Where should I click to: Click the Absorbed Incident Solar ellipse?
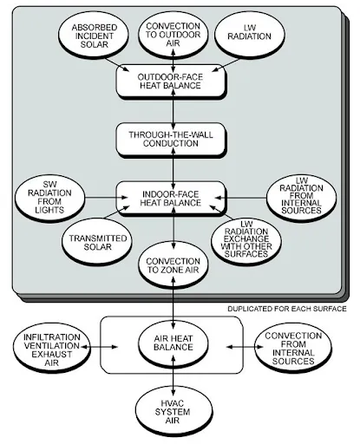94,35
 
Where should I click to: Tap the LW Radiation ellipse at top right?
250,35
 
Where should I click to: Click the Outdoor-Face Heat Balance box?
171,82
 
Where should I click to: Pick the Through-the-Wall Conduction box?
171,139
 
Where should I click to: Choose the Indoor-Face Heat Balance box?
171,198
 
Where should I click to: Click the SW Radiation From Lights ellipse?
49,198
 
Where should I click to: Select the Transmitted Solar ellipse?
97,242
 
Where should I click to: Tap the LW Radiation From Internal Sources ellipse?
301,198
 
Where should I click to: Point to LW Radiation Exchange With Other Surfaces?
246,241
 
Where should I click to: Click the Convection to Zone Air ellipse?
173,265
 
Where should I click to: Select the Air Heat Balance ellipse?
173,343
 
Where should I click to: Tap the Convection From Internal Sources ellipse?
293,347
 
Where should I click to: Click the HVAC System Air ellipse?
173,413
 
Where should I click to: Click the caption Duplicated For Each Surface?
287,309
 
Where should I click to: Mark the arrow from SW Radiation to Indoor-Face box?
107,198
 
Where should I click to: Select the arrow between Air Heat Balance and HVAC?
173,375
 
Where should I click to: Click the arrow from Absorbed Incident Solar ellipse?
117,65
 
